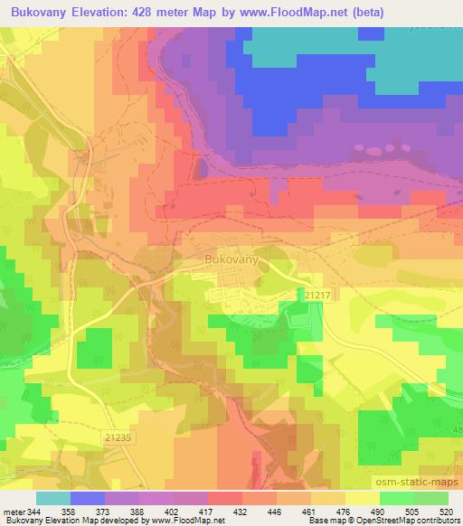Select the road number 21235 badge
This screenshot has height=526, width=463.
pos(118,436)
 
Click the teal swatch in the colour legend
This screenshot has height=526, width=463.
pos(53,498)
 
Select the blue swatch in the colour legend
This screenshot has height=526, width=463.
pos(88,498)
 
